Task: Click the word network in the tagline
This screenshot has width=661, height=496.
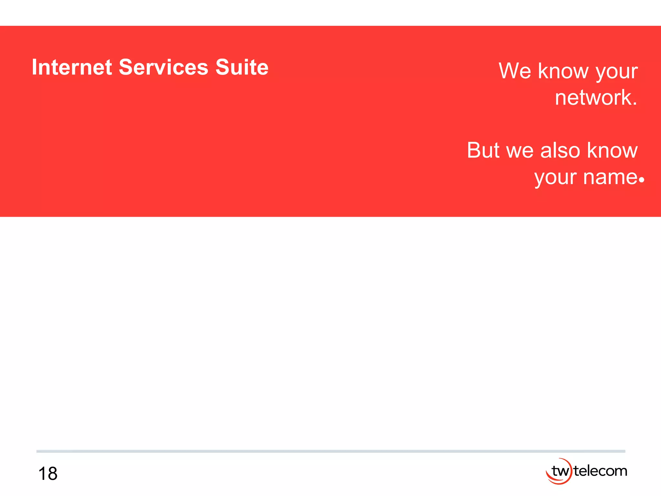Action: [593, 98]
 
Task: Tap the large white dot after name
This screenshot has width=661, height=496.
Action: [641, 180]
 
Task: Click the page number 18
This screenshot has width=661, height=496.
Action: [48, 474]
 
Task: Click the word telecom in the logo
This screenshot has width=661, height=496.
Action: [601, 471]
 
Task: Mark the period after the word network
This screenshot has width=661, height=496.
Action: [635, 104]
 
